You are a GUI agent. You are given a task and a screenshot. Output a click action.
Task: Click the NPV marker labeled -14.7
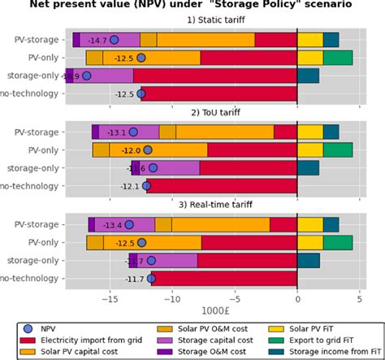(114, 40)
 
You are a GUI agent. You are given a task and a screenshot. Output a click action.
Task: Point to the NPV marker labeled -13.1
(133, 132)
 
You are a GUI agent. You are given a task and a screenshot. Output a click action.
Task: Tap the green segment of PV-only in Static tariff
(338, 58)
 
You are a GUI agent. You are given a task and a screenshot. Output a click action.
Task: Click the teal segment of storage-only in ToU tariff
(309, 168)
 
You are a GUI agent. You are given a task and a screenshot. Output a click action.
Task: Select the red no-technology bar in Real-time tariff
(224, 279)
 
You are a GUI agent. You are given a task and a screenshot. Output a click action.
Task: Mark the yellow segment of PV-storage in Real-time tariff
(310, 225)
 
